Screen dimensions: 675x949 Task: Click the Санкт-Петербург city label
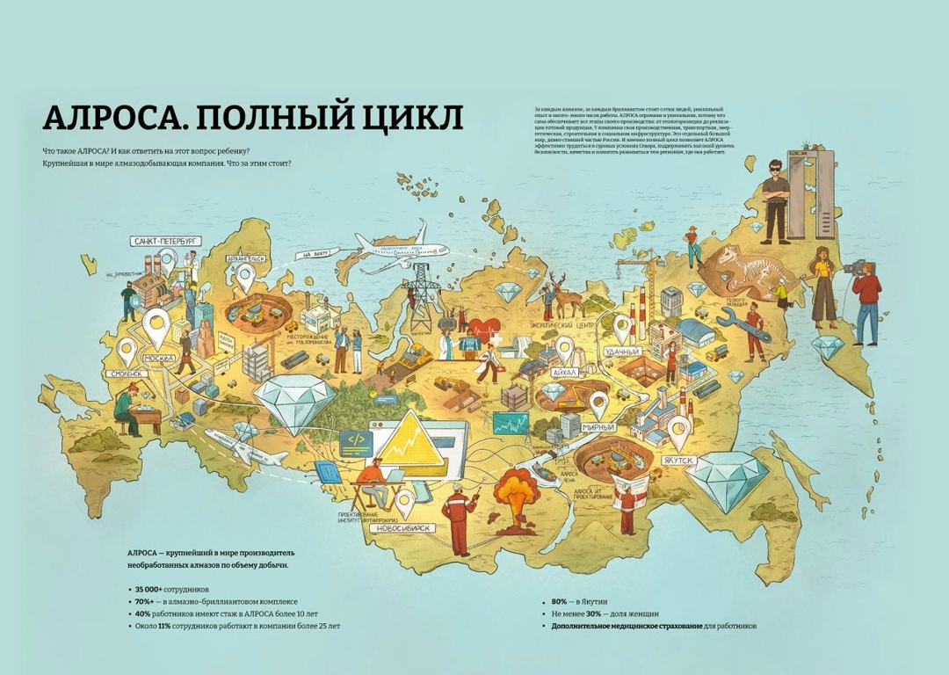coord(165,240)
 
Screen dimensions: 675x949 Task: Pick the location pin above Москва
coord(156,325)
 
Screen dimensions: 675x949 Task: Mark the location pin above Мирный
coord(599,404)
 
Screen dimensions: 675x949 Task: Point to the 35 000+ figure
coord(150,588)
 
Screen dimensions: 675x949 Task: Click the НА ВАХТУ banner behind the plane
coord(319,254)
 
